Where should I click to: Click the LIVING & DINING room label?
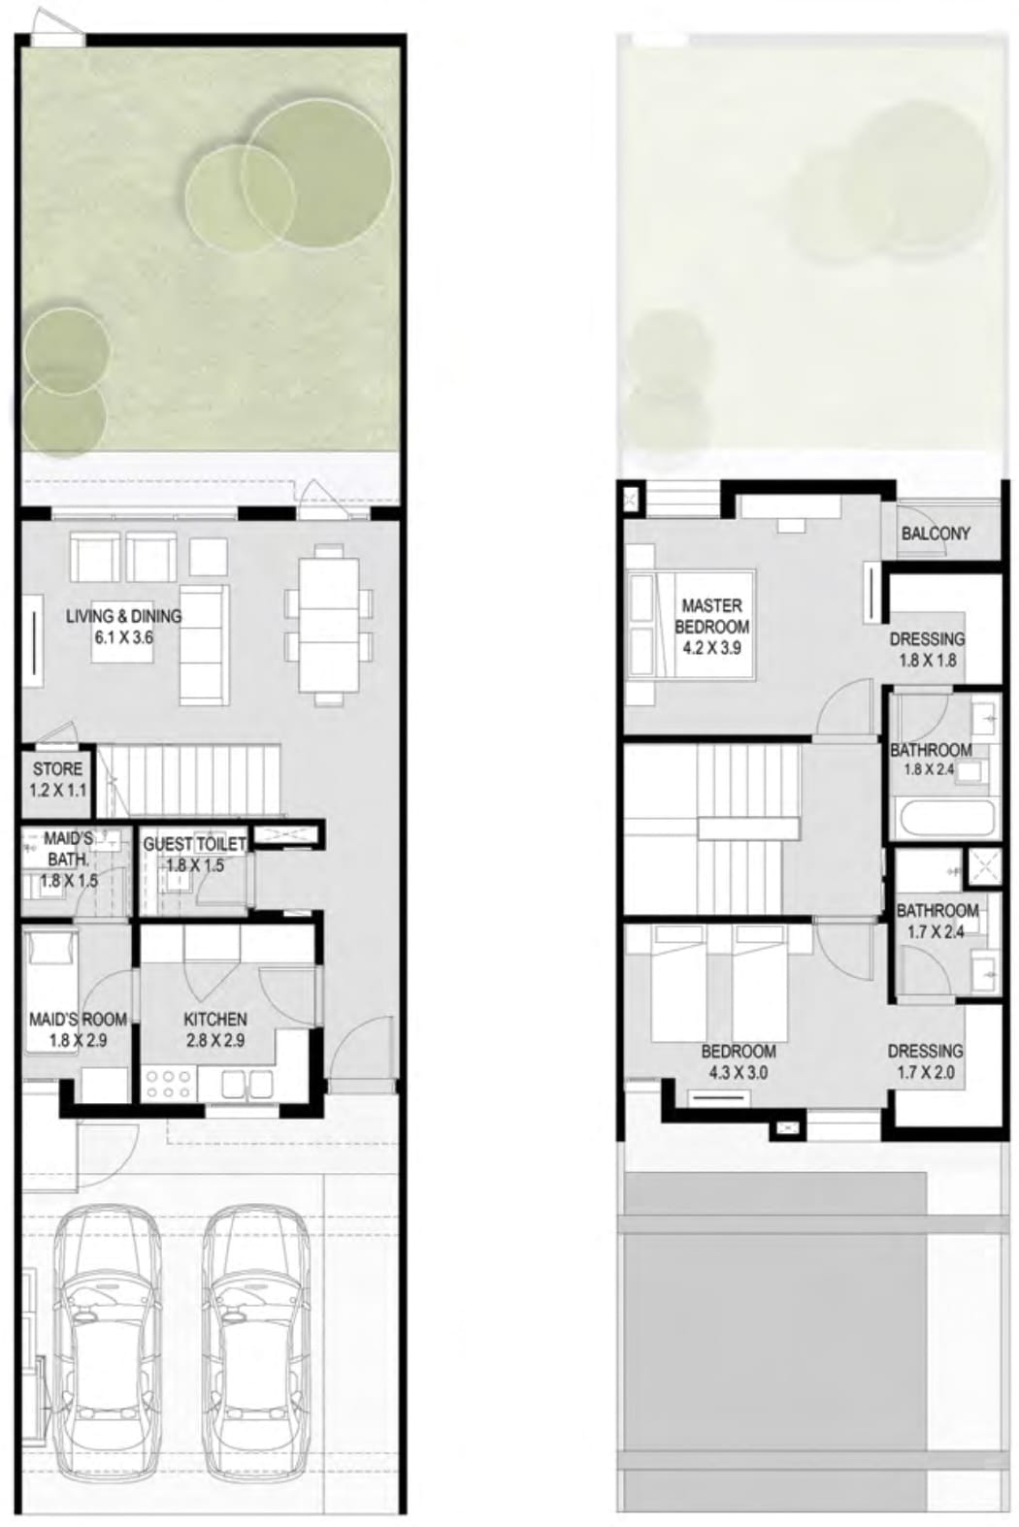(123, 616)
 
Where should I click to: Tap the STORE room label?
(58, 768)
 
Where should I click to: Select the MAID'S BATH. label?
(68, 848)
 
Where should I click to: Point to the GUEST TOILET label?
(194, 844)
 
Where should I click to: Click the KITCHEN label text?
(215, 1019)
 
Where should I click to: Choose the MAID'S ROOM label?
(78, 1019)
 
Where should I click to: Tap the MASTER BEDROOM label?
(711, 615)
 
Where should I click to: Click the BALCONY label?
(936, 533)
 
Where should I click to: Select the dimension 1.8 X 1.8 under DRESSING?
(927, 661)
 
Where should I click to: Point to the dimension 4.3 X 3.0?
(738, 1073)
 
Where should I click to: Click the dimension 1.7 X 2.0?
(925, 1073)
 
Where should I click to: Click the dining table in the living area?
(329, 621)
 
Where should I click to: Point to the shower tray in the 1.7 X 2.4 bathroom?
(985, 867)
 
